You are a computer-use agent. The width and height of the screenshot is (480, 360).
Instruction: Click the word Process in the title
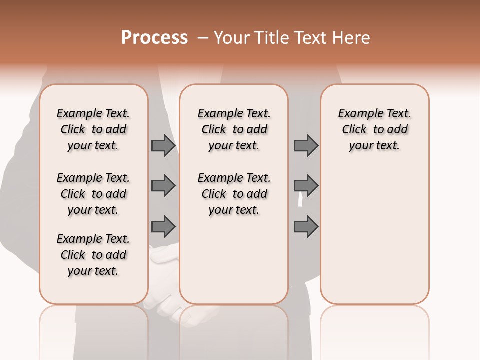pyautogui.click(x=154, y=38)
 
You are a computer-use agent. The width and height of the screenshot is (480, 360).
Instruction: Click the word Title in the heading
pyautogui.click(x=272, y=38)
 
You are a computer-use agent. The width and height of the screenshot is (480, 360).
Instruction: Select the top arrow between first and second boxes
pyautogui.click(x=163, y=145)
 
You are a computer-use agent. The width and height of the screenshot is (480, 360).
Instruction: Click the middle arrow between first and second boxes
pyautogui.click(x=163, y=186)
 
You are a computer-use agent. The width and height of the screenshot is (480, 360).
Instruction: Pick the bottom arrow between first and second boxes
pyautogui.click(x=163, y=226)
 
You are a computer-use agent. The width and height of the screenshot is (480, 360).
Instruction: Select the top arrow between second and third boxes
pyautogui.click(x=306, y=145)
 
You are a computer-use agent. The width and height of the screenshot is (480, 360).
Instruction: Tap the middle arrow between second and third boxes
pyautogui.click(x=306, y=186)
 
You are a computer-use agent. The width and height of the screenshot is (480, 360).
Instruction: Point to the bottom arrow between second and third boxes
pyautogui.click(x=306, y=226)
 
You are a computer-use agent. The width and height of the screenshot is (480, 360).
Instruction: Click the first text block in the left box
pyautogui.click(x=93, y=129)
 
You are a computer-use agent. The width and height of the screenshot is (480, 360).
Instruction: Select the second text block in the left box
pyautogui.click(x=93, y=194)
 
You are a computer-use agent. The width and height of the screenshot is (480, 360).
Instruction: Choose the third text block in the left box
pyautogui.click(x=93, y=255)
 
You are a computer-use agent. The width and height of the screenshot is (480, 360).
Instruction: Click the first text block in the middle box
pyautogui.click(x=234, y=129)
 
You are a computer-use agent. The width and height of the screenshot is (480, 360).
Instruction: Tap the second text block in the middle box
pyautogui.click(x=234, y=194)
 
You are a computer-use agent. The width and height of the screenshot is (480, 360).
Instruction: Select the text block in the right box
pyautogui.click(x=374, y=129)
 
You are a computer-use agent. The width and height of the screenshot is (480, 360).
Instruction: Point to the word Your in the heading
pyautogui.click(x=232, y=38)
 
